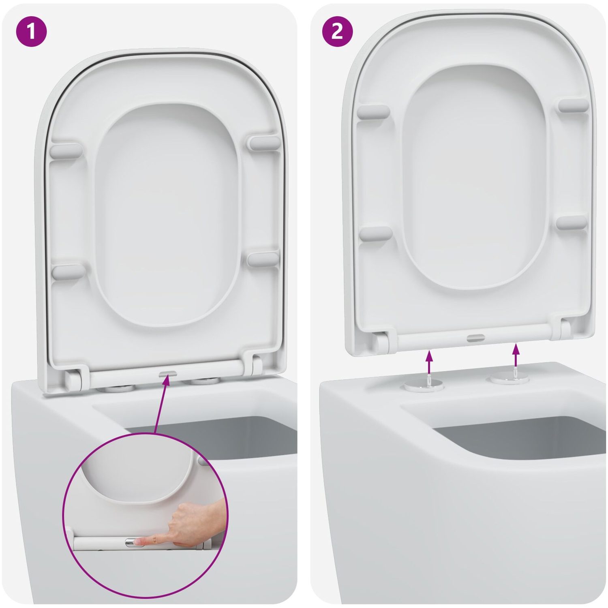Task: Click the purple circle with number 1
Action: (31, 31)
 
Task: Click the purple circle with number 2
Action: (337, 31)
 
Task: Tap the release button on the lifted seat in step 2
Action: (475, 337)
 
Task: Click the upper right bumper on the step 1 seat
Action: (264, 143)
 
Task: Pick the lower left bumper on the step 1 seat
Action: (69, 272)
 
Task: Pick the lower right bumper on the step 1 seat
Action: (263, 259)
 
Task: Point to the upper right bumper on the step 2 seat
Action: (573, 105)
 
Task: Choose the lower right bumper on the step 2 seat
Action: (572, 223)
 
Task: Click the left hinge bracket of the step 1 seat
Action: (75, 379)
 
